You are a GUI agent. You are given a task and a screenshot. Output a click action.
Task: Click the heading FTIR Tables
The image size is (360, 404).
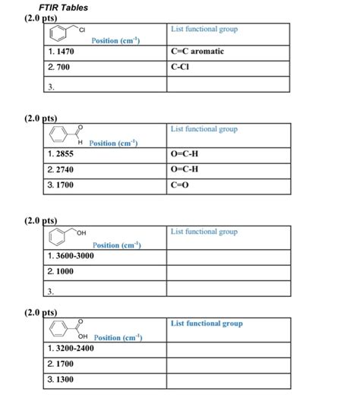(x=63, y=8)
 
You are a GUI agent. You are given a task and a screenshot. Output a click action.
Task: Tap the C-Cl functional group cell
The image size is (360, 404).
(x=182, y=67)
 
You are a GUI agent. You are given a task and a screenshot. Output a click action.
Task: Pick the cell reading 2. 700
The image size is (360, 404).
(x=58, y=67)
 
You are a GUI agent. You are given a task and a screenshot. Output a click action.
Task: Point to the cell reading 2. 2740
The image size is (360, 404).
(x=61, y=169)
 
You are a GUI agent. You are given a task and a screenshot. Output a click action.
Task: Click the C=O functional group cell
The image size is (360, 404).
(x=183, y=184)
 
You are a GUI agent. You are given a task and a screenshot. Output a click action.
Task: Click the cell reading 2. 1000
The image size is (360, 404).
(x=61, y=271)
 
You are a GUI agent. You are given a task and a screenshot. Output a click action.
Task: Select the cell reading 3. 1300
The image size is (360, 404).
(x=61, y=378)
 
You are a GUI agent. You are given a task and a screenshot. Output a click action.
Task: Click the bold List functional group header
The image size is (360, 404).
(x=207, y=324)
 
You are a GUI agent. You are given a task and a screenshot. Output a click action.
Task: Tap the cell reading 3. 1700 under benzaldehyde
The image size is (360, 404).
(x=61, y=184)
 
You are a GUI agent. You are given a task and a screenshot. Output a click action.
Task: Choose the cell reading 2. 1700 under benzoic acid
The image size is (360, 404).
(x=61, y=363)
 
